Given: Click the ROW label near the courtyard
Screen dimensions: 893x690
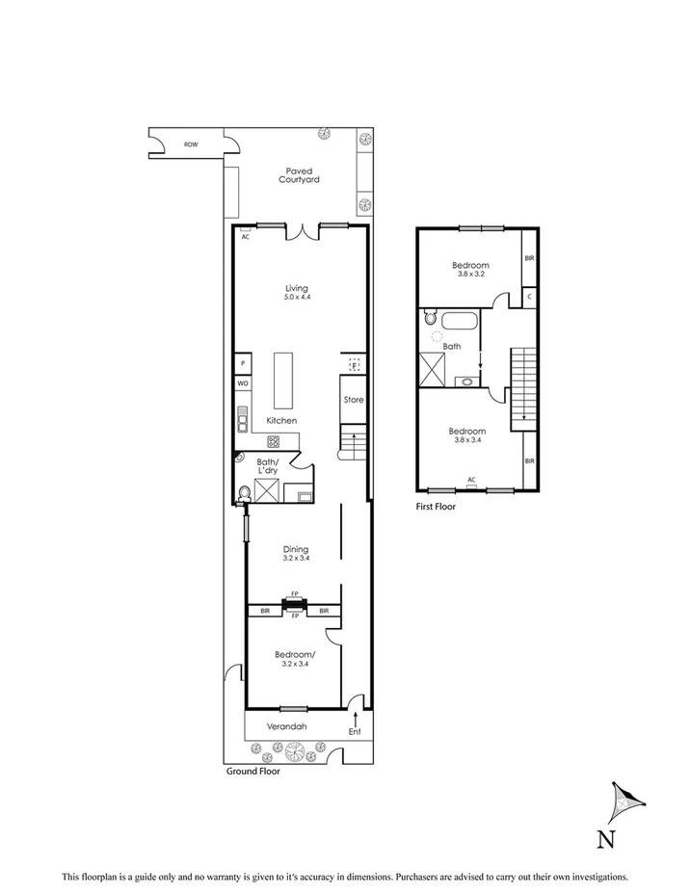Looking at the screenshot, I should pos(191,144).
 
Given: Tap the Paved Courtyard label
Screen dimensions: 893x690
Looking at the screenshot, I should pos(299,175).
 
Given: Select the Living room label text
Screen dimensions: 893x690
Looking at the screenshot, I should pos(297,292).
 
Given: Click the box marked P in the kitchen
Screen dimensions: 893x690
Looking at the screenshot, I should pos(243,363).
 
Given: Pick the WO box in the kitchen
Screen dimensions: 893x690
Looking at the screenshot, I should pos(243,383).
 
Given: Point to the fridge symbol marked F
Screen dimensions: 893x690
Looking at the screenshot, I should pos(354,365).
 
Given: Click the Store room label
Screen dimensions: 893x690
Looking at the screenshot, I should pos(354,399).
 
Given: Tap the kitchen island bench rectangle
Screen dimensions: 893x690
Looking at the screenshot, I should pos(283,381).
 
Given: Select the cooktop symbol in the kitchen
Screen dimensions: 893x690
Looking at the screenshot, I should pos(274,442).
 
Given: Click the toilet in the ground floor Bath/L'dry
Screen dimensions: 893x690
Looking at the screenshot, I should pos(245,493).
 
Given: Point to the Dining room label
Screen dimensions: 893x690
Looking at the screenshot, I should pos(295,549).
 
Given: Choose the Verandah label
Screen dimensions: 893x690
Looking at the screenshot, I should pos(287,725).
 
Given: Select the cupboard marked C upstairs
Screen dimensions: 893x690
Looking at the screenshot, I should pos(530,298).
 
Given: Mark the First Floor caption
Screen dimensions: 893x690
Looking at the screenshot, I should pos(436,506).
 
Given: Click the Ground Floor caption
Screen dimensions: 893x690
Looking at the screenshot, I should pos(253,772).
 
